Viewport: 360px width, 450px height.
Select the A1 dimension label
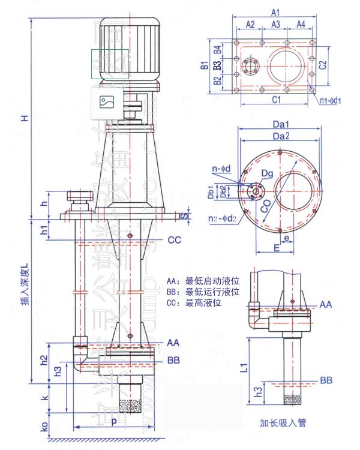pos(275,12)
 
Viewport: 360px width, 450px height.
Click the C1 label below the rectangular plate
pos(274,100)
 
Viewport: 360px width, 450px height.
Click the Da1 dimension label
pos(281,124)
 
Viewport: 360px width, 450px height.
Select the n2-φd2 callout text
pos(224,218)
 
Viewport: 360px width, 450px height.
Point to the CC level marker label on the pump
pos(175,240)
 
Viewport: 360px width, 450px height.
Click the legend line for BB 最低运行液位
pos(203,292)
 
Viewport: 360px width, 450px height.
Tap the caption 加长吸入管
pos(283,422)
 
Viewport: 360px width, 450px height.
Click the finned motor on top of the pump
pos(128,48)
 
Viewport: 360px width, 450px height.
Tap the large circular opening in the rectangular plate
pos(292,66)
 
